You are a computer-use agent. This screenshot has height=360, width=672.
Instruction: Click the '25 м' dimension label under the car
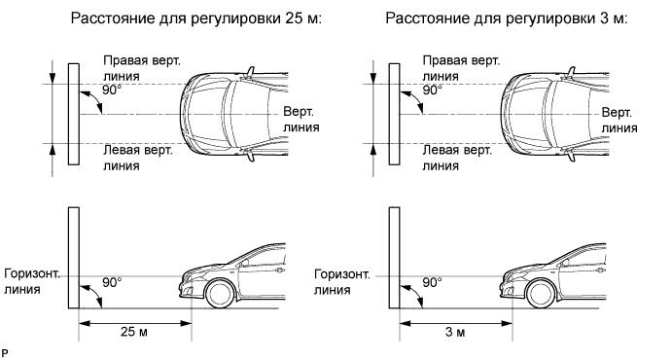click(x=134, y=331)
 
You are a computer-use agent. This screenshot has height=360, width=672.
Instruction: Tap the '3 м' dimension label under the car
click(x=455, y=331)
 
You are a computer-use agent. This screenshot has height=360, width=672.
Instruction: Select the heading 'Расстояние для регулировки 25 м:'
click(x=195, y=19)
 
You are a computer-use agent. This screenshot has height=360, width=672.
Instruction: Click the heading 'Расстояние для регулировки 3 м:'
click(x=506, y=19)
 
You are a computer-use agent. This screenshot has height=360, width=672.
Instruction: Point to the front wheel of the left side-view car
click(x=221, y=294)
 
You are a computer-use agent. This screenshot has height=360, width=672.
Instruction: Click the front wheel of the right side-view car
click(x=542, y=294)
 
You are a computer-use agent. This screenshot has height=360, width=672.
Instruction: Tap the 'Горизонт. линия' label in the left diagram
click(x=32, y=281)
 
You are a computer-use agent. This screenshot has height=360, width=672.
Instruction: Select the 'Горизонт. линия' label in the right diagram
click(x=342, y=281)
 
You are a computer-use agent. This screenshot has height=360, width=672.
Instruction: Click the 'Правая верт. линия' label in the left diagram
click(x=142, y=68)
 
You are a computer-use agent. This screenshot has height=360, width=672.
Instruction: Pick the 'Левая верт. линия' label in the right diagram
click(x=458, y=158)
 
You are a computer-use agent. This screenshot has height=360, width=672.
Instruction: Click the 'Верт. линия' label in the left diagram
click(x=301, y=120)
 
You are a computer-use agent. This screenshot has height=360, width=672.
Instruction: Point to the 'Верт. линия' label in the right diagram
click(x=619, y=120)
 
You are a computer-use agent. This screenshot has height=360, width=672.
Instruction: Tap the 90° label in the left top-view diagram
click(x=112, y=90)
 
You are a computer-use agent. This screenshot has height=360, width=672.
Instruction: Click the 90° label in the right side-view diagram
click(x=433, y=282)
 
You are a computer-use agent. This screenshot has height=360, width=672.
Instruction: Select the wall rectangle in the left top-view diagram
click(x=74, y=114)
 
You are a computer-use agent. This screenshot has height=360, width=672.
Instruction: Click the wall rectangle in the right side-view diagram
click(x=394, y=258)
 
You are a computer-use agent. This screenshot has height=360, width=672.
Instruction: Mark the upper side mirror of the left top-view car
click(x=249, y=72)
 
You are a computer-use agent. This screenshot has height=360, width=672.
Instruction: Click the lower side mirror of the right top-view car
click(x=571, y=155)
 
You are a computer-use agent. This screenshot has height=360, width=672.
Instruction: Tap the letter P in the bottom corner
click(x=5, y=353)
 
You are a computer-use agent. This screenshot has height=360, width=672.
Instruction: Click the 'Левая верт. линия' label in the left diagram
click(x=138, y=158)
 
